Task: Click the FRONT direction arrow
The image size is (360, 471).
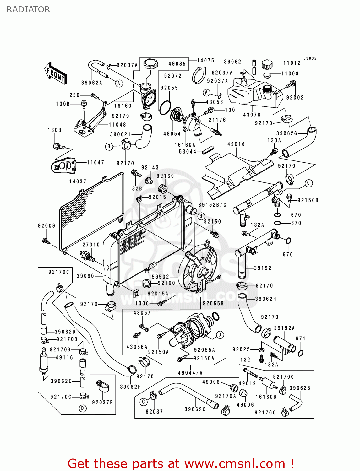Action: (56, 73)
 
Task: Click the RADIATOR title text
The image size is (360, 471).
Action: (28, 9)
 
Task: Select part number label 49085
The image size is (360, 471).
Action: (177, 64)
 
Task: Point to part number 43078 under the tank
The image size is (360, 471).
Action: (252, 115)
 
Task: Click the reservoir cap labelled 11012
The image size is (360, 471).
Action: (267, 64)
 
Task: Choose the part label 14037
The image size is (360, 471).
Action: (78, 181)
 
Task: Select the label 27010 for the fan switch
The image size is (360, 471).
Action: (91, 245)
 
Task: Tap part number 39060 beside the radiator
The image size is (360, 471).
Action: (85, 276)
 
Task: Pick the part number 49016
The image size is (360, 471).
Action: (236, 144)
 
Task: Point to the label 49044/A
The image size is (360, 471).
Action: (190, 373)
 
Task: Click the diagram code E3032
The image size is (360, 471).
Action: (310, 58)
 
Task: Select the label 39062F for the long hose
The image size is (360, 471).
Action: (130, 387)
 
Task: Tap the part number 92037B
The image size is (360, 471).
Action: (102, 402)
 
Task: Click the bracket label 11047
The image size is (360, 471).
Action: (95, 162)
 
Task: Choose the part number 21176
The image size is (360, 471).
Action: (217, 120)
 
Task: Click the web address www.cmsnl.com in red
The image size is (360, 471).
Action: (235, 463)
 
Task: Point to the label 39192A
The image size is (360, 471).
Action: (284, 328)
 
